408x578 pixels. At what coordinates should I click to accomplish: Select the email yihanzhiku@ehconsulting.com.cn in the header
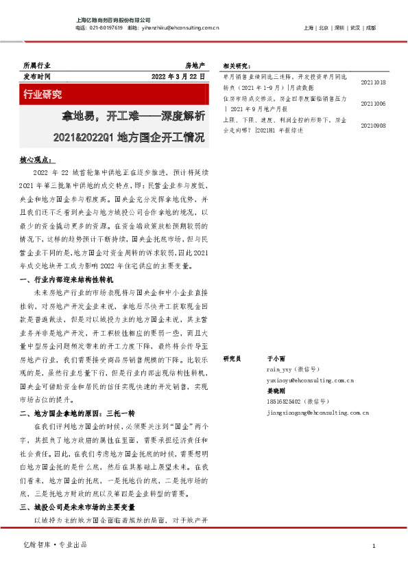(181, 28)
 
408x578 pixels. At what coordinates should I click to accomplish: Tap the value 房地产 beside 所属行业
(195, 64)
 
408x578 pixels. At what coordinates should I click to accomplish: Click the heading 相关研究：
(237, 66)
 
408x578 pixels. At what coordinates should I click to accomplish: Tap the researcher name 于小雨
(275, 359)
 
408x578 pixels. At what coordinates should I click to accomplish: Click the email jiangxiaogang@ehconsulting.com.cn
(317, 413)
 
